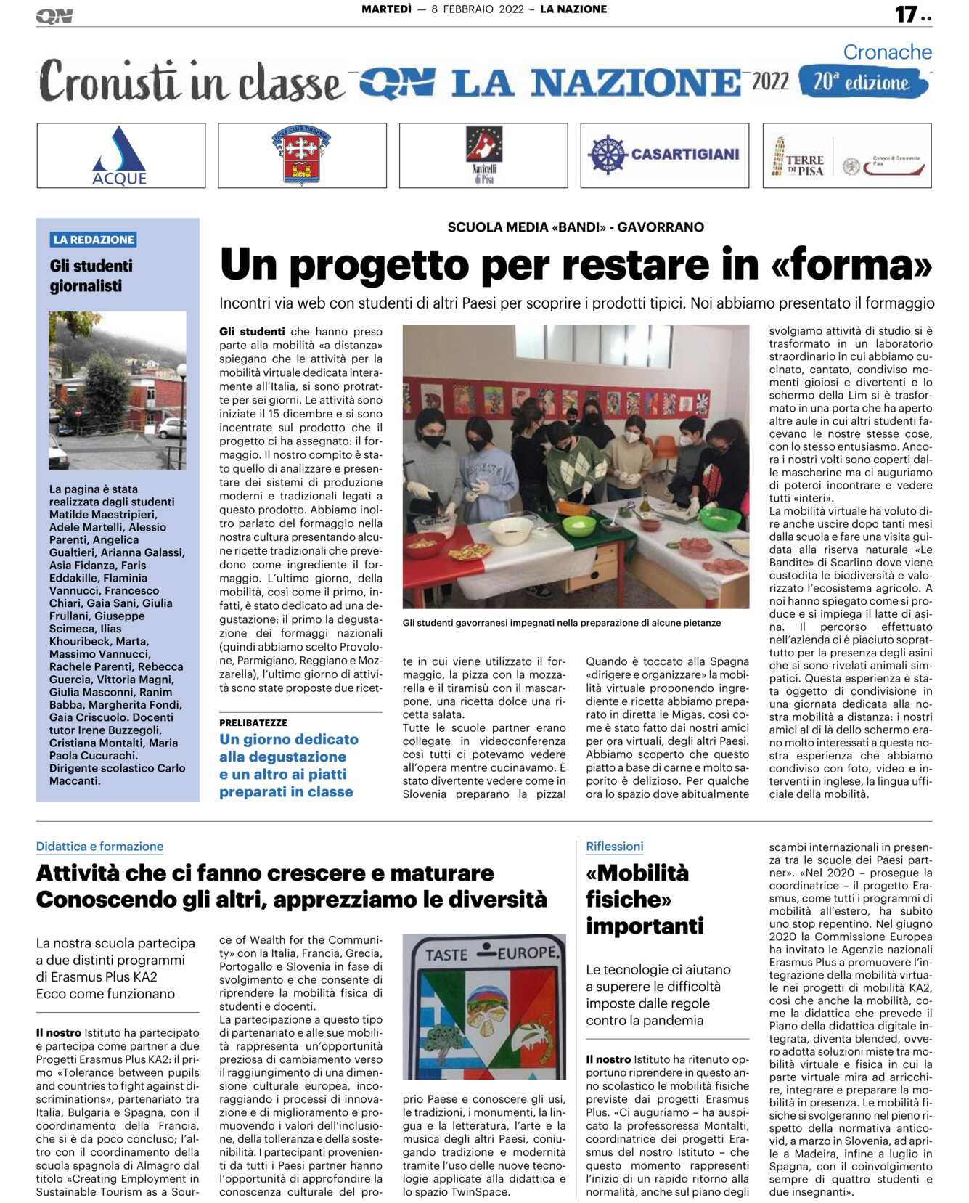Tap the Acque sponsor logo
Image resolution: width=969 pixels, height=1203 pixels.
120,155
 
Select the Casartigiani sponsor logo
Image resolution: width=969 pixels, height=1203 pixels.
664,155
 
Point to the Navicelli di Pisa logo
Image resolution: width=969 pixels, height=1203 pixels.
483,155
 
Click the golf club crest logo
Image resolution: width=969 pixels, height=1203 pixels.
301,155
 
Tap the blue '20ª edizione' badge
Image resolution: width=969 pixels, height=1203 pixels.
862,82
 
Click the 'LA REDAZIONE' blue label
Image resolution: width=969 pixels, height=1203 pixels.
94,240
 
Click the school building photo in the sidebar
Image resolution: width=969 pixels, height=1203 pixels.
118,390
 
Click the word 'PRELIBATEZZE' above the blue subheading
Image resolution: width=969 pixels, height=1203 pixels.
253,722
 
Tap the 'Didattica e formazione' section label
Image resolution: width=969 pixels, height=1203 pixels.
99,846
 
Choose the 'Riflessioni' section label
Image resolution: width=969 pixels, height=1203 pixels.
614,846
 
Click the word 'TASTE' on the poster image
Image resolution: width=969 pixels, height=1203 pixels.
446,954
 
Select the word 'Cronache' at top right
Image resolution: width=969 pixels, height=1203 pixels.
887,52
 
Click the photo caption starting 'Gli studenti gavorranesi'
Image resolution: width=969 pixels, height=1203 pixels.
561,623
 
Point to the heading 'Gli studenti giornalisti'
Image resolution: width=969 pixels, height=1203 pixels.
91,276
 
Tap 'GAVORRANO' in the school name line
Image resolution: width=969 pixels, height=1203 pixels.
661,227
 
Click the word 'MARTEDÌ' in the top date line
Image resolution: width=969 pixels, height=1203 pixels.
386,9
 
